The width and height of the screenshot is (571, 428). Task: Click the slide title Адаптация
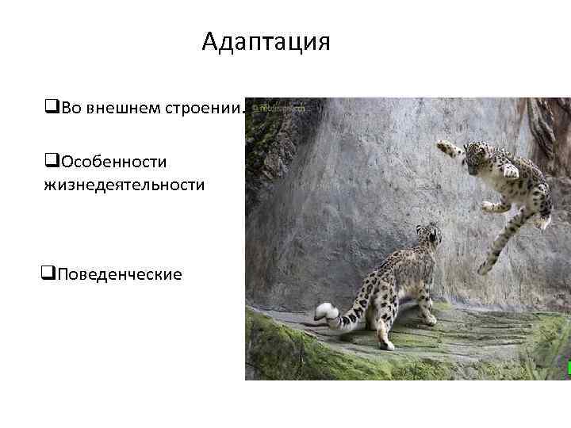point(266,41)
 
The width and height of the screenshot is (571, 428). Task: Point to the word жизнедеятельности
point(125,185)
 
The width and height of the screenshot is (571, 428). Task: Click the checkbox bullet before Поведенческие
point(47,274)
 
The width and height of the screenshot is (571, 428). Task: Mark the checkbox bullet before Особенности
point(52,162)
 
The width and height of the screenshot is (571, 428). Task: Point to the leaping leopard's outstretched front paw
point(446,147)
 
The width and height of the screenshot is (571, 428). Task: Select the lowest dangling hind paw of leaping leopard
point(485,267)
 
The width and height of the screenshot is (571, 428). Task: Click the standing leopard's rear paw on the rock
point(387,345)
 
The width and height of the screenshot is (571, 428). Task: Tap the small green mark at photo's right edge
point(568,367)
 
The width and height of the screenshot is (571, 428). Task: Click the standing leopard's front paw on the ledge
point(429,320)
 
